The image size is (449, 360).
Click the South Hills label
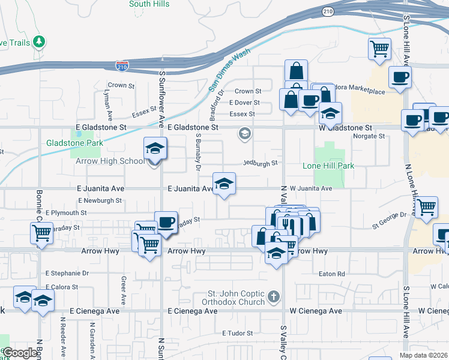(148, 4)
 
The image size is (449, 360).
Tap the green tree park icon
(40, 41)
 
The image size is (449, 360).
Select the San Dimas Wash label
(229, 70)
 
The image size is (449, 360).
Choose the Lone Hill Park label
(328, 166)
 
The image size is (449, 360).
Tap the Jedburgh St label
(260, 163)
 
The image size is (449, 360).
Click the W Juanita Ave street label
(311, 188)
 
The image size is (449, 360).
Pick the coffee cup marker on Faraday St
(166, 222)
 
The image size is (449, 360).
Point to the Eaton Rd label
(332, 274)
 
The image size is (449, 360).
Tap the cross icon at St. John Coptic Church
(274, 296)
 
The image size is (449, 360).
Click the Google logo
(20, 353)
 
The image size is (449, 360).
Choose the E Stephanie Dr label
(67, 273)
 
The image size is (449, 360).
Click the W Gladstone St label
(345, 128)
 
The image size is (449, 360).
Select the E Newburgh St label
(100, 200)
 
